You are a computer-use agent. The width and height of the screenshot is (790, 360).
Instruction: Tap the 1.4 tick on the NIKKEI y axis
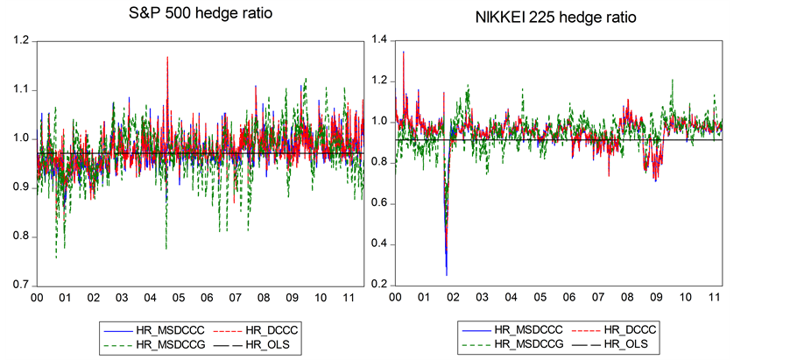click(378, 39)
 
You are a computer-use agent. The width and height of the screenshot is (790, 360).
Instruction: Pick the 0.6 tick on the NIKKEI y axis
click(378, 203)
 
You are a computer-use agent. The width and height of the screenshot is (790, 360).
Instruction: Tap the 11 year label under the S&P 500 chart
click(349, 298)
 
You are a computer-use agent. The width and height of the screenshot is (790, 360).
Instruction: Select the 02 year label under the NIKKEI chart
click(453, 298)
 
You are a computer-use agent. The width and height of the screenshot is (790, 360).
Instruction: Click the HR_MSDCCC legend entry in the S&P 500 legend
click(142, 330)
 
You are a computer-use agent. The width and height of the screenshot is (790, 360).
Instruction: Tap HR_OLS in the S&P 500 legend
click(252, 346)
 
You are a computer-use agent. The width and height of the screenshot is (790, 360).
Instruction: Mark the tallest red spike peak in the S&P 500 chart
click(167, 58)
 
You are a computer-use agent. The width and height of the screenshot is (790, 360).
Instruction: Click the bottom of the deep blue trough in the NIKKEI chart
click(447, 274)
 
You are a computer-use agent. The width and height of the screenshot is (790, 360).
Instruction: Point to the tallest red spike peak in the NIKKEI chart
click(403, 53)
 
